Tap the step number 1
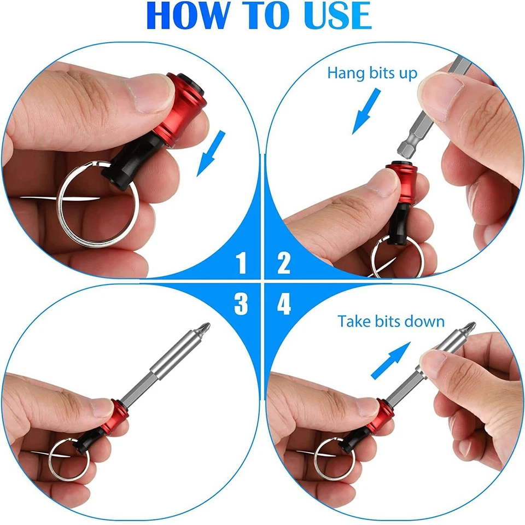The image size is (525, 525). point(241,263)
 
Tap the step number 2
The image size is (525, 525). point(283,263)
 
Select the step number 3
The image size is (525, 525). point(241,304)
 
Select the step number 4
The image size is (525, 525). point(284,304)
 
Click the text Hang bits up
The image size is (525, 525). point(372,73)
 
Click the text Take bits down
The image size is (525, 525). point(391,321)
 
